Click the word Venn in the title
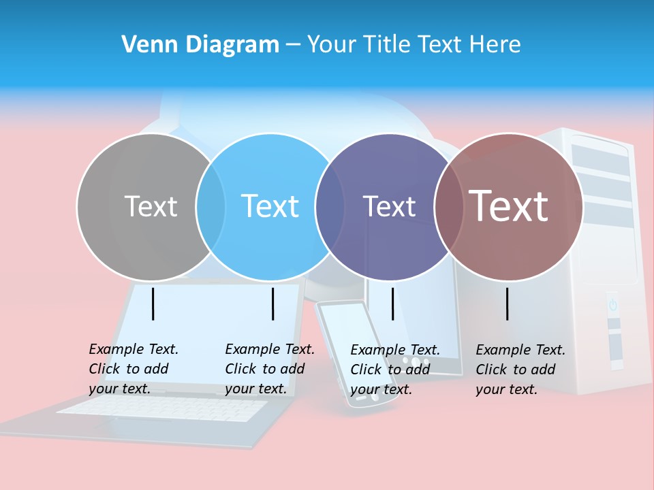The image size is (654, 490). click(x=145, y=44)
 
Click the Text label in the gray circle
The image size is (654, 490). click(x=151, y=206)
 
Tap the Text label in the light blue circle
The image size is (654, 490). click(x=270, y=206)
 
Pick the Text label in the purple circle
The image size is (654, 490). click(x=389, y=206)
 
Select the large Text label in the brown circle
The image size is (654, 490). click(x=508, y=206)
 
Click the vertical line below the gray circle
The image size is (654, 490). click(x=153, y=304)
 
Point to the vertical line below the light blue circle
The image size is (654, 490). click(x=272, y=304)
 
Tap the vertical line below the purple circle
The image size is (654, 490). click(x=392, y=304)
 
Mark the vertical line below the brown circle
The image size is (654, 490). click(x=508, y=304)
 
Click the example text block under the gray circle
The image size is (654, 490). click(x=134, y=369)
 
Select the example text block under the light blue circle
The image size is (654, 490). click(x=270, y=369)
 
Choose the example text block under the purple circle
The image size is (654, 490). click(x=395, y=370)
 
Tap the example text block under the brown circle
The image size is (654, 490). click(x=520, y=370)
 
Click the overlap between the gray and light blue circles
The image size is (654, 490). click(x=211, y=206)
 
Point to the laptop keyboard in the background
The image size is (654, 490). click(x=163, y=408)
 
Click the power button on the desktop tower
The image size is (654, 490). click(x=613, y=304)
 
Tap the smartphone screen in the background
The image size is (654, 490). click(x=347, y=340)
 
